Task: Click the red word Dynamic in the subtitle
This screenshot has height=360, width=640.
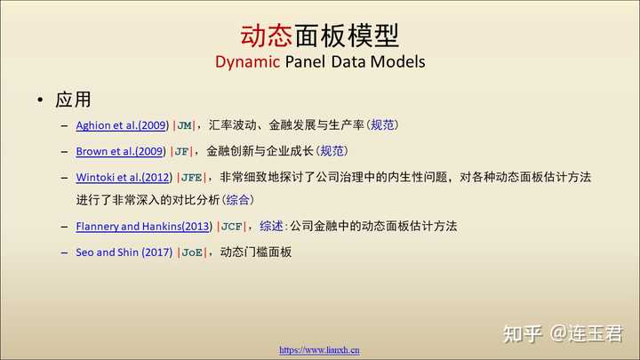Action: [x=247, y=62]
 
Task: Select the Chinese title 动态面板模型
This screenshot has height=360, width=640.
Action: [x=320, y=36]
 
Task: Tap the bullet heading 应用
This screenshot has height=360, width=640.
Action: [x=73, y=100]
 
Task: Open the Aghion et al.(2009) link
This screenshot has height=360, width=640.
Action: [x=122, y=125]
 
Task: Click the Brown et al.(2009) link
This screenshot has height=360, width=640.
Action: [x=121, y=151]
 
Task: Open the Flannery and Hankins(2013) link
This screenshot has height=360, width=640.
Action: [x=144, y=226]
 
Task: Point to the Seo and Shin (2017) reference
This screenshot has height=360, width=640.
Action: [x=124, y=252]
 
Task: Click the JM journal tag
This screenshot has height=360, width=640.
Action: [x=185, y=125]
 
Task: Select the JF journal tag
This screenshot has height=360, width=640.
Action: [x=181, y=152]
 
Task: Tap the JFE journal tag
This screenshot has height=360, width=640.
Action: [x=192, y=178]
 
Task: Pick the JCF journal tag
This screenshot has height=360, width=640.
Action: [x=231, y=227]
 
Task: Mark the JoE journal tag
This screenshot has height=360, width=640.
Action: [x=192, y=252]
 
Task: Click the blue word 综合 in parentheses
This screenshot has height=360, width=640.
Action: [x=237, y=200]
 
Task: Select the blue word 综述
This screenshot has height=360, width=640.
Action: [x=271, y=226]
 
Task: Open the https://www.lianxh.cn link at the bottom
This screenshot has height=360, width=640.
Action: [x=320, y=350]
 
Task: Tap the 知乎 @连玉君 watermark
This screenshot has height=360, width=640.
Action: [x=563, y=334]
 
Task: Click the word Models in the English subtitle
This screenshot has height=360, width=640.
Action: [x=398, y=62]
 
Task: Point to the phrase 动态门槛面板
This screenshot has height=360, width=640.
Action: [x=256, y=252]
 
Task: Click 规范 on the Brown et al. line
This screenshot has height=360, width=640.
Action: [x=332, y=151]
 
